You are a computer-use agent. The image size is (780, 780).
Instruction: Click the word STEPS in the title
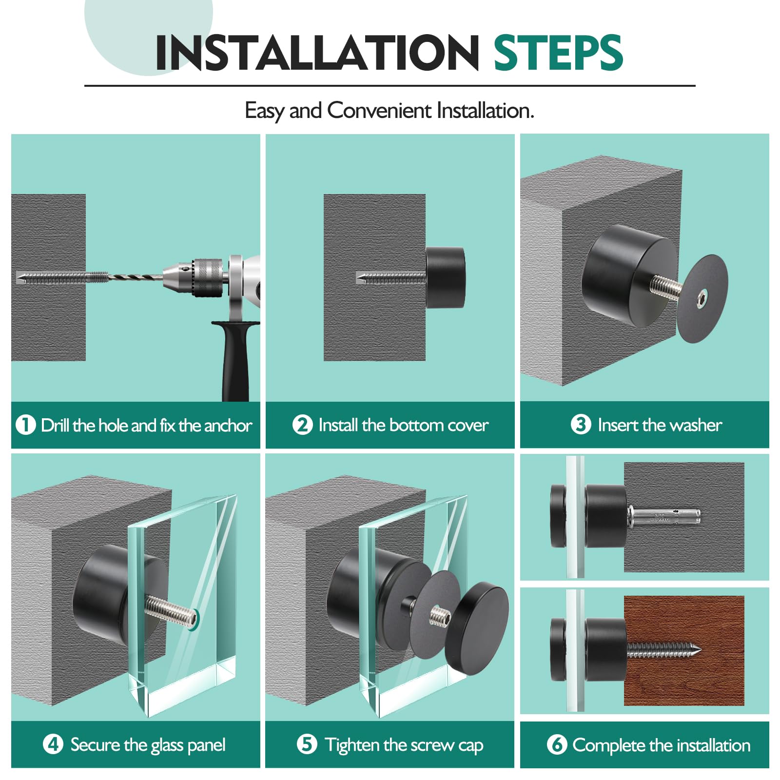558,52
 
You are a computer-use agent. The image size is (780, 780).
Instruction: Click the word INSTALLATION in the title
317,52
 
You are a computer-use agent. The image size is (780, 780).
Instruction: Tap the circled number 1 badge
26,425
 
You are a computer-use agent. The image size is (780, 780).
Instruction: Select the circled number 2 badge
302,425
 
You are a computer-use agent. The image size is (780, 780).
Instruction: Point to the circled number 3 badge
581,424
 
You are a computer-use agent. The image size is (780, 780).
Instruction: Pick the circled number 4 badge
53,744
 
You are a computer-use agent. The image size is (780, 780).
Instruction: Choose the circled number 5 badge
307,744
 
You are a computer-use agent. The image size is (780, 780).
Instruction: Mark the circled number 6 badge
557,744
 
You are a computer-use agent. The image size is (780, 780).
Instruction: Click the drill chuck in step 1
195,277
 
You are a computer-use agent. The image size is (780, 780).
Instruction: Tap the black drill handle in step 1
236,361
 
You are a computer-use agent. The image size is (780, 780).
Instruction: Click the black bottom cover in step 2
446,277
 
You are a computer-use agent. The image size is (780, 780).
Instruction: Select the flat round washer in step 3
702,298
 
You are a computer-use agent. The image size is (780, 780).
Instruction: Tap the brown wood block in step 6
684,651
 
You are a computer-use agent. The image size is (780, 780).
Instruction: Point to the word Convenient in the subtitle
379,110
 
